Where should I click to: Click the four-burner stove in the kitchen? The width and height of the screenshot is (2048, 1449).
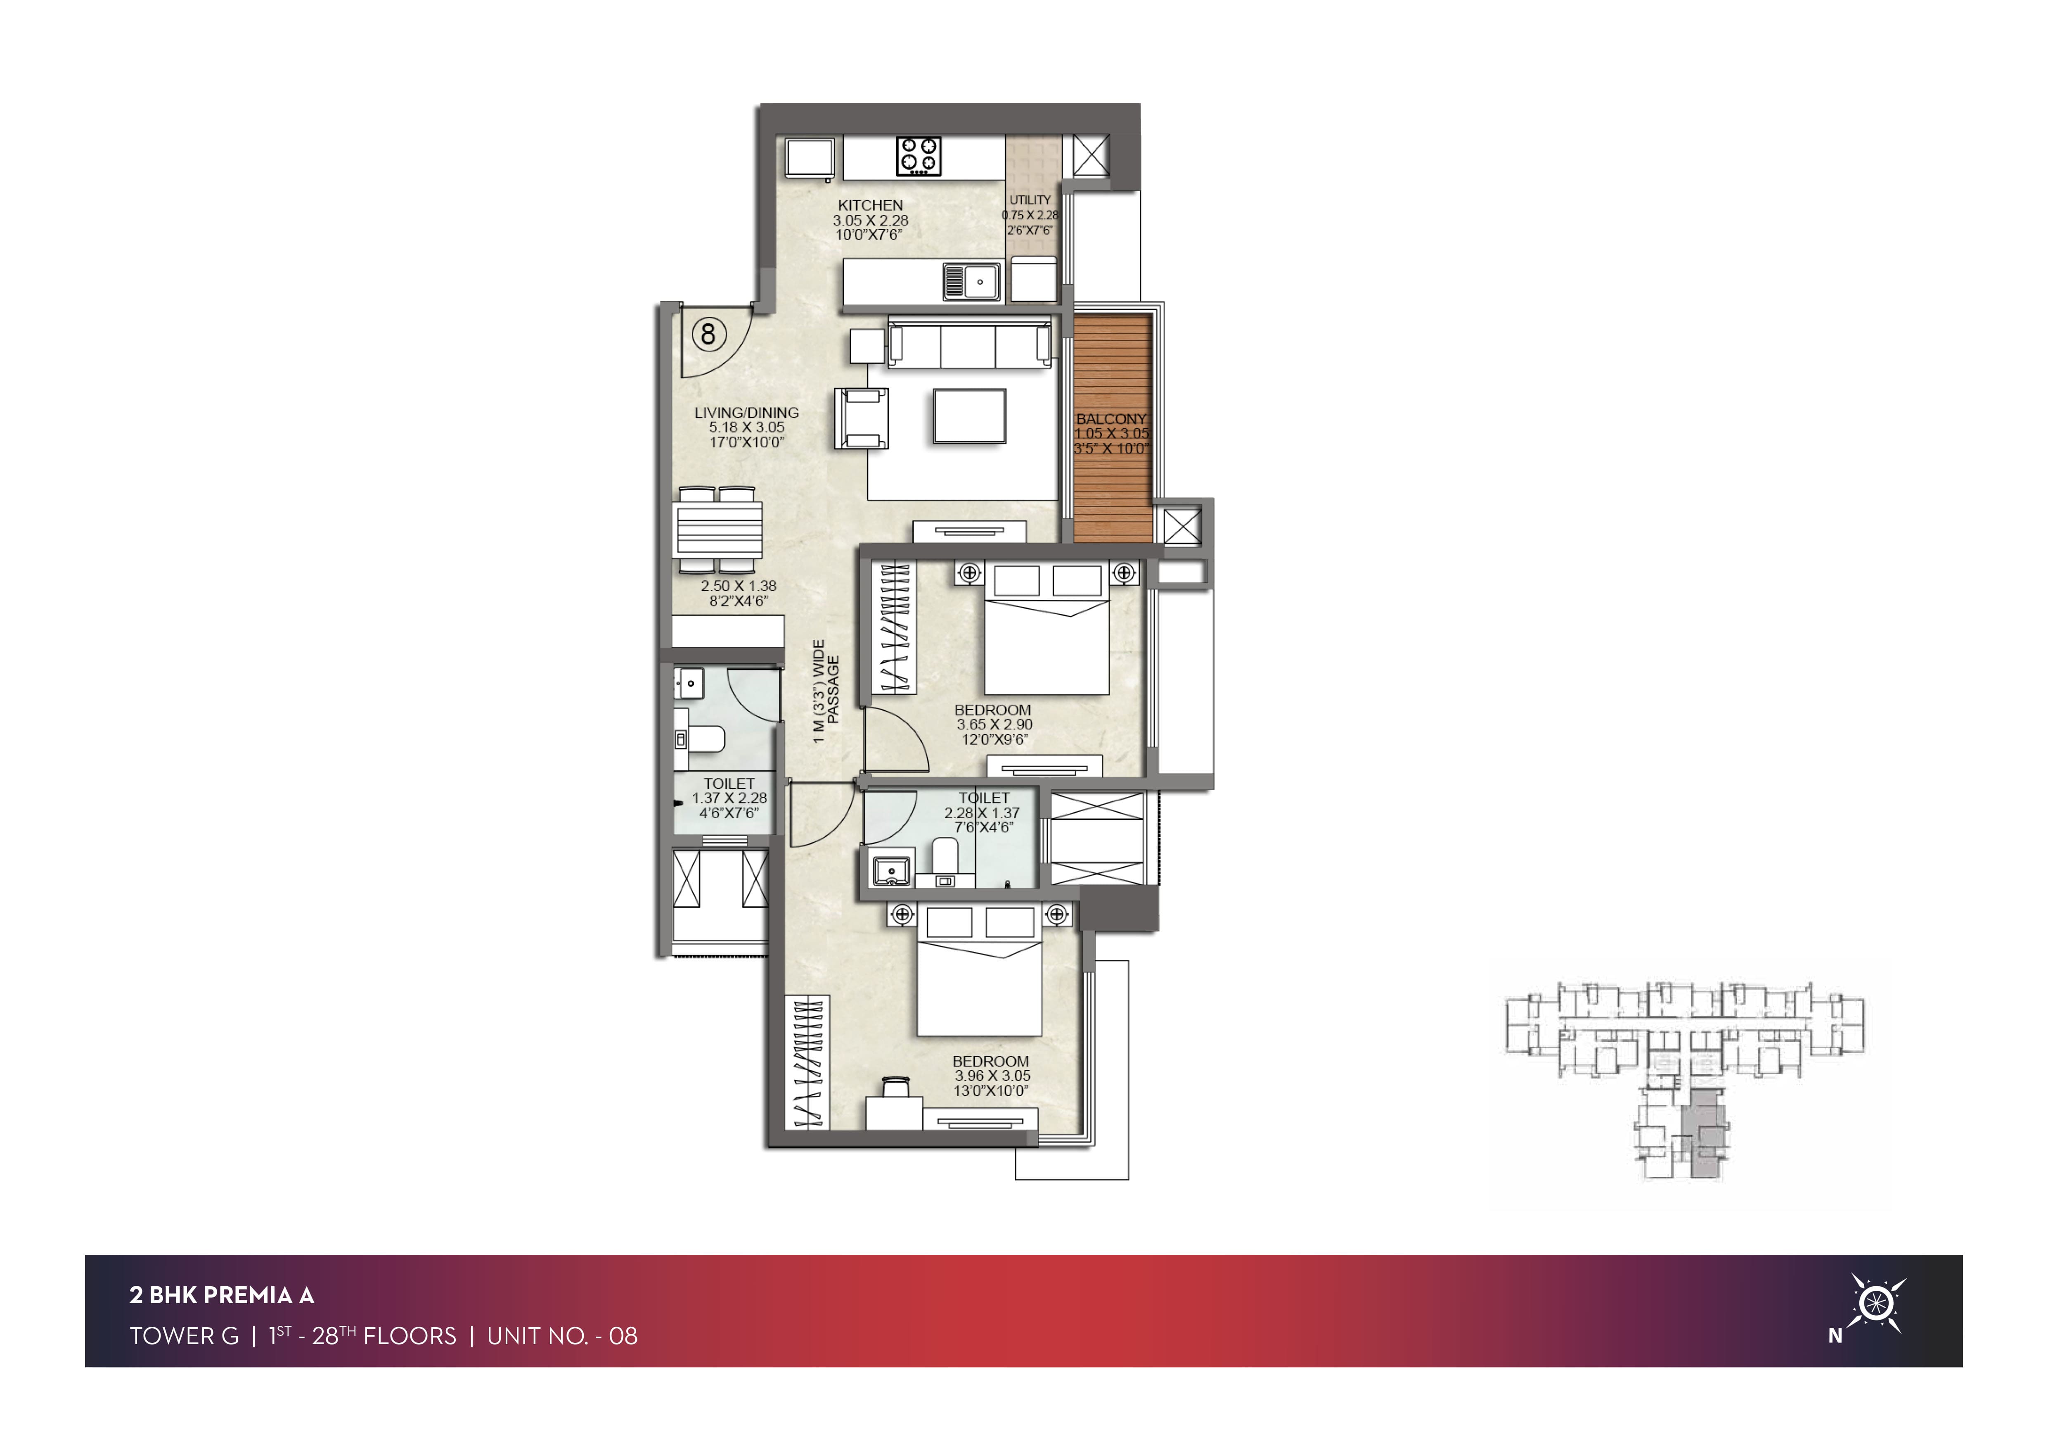pos(919,154)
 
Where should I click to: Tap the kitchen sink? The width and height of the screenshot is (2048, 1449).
pos(971,281)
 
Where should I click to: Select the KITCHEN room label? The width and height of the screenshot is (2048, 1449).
pos(871,205)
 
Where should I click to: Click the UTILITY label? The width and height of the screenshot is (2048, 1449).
pos(1030,200)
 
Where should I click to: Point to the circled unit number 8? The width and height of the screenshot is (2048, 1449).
pos(708,335)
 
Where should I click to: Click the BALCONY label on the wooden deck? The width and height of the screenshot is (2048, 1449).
pos(1110,418)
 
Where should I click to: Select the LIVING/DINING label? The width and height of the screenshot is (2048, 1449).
pos(747,413)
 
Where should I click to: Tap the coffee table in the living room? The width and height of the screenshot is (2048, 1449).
pos(970,416)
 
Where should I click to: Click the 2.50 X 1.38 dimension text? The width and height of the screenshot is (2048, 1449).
pos(739,586)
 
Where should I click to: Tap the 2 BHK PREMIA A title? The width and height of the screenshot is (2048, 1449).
pos(221,1295)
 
